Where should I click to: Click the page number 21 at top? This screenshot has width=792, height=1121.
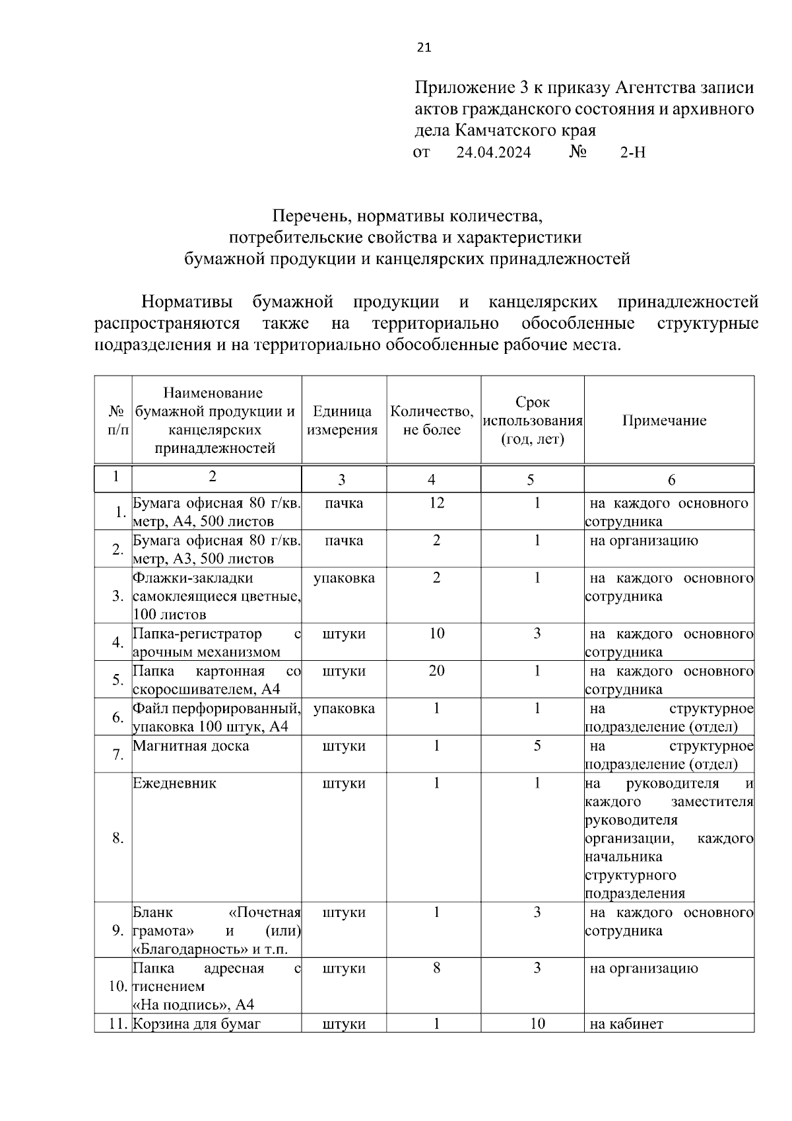click(424, 48)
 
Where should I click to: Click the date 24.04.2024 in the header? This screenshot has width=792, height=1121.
click(494, 153)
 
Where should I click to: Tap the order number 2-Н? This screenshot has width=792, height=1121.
click(632, 153)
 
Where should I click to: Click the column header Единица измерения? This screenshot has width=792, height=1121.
click(345, 421)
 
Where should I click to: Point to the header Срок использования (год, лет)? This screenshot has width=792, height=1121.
click(533, 421)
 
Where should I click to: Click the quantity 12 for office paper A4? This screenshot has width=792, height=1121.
click(436, 503)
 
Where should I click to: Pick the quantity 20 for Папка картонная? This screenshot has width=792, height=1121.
click(436, 671)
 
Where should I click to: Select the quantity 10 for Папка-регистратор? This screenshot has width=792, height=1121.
click(436, 634)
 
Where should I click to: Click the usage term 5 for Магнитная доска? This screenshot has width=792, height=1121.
click(537, 746)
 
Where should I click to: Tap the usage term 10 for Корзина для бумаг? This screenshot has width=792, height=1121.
click(537, 1024)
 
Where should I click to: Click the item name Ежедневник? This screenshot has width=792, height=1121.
click(174, 784)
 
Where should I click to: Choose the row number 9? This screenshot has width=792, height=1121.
click(118, 931)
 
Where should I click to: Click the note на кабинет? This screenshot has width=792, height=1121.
click(626, 1024)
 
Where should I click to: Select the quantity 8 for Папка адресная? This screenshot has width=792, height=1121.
click(436, 968)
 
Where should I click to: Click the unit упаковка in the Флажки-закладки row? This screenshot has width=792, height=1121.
click(344, 578)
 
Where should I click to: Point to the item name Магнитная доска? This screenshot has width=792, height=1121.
click(191, 746)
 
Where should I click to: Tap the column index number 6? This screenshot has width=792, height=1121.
click(671, 480)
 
